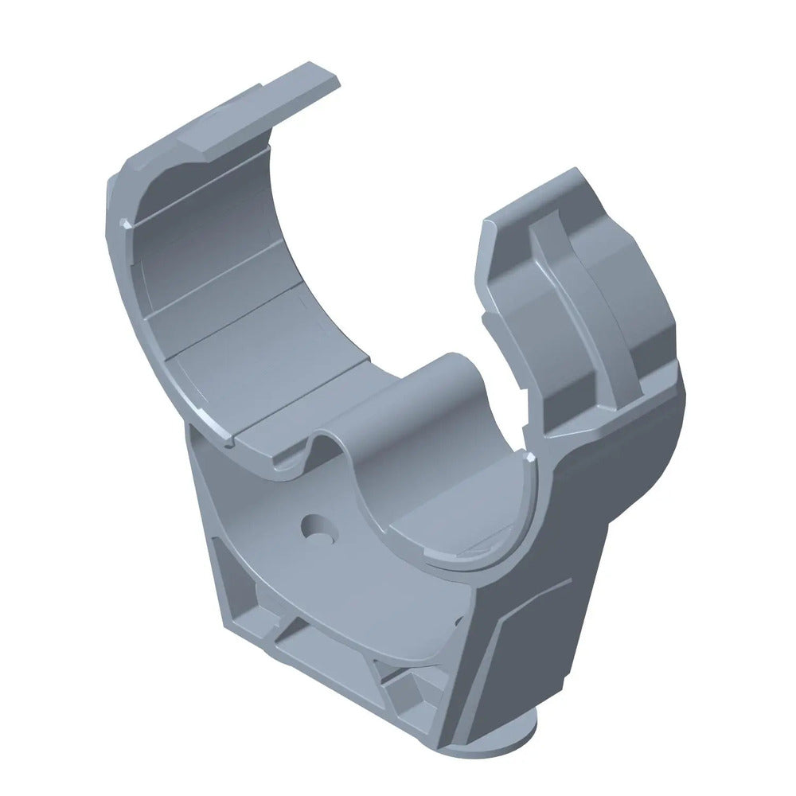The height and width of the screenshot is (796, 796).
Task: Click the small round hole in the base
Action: (316, 527)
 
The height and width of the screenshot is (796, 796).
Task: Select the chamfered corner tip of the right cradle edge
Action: (527, 457)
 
